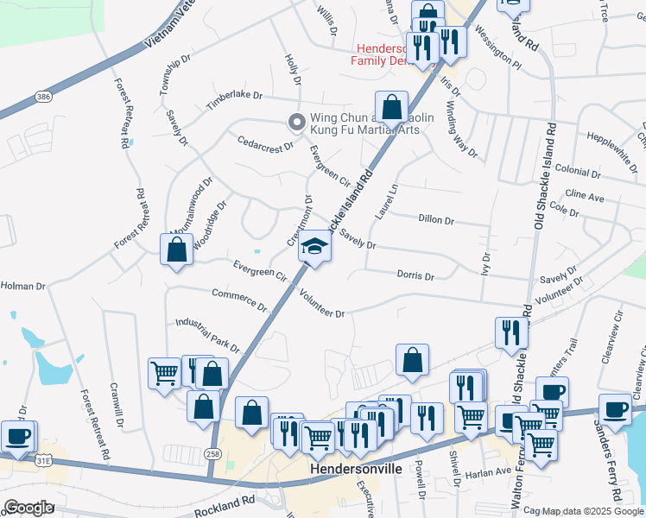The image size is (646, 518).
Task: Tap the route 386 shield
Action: click(x=42, y=97)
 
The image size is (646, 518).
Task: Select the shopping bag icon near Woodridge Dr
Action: click(x=176, y=250)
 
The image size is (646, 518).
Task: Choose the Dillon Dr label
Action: click(x=435, y=220)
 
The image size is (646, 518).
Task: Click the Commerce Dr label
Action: click(x=239, y=299)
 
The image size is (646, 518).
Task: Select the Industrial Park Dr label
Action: click(x=207, y=334)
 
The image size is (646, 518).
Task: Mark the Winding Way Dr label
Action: click(x=461, y=129)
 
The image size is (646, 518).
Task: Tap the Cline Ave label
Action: click(x=584, y=195)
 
